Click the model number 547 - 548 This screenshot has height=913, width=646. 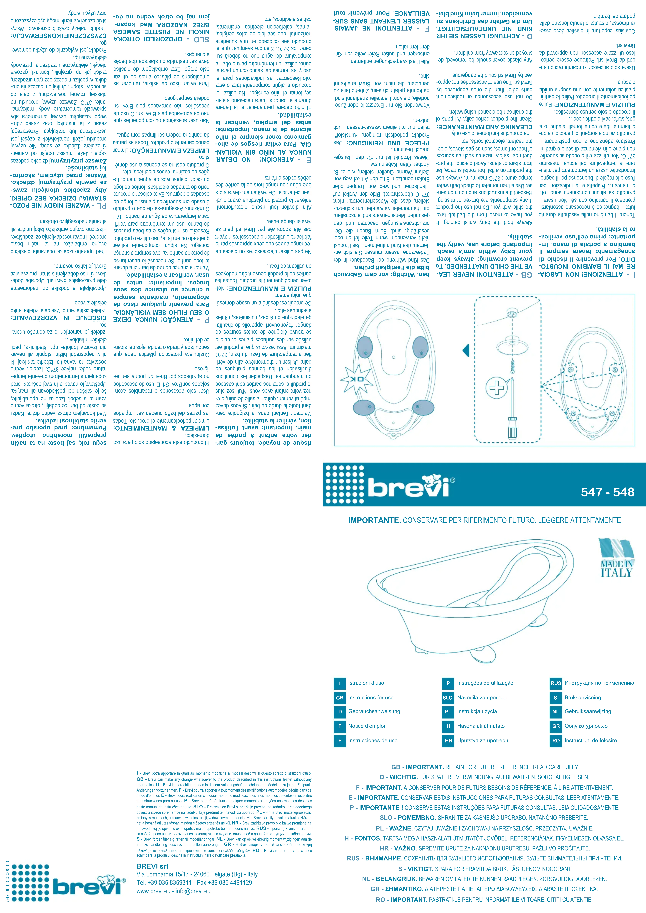point(607,492)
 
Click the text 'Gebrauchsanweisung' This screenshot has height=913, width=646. point(374,711)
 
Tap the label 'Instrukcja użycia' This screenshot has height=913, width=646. point(477,711)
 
